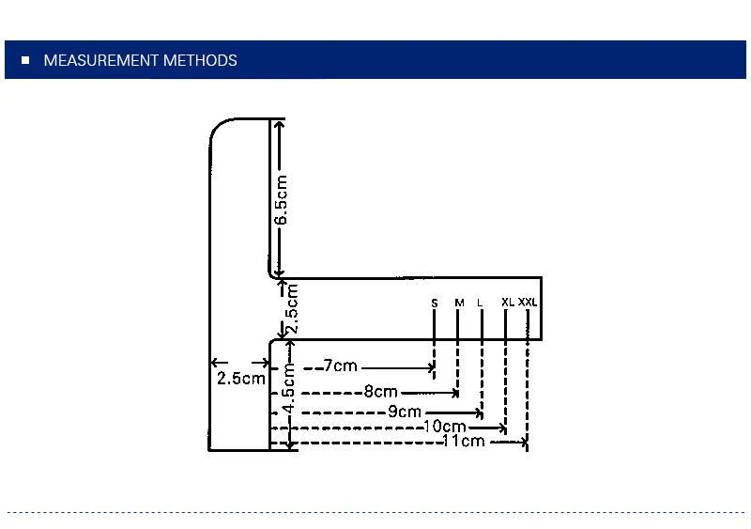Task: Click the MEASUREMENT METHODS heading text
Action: [140, 61]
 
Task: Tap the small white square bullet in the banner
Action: [25, 61]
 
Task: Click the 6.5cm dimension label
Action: [281, 199]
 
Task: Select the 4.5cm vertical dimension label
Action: [290, 387]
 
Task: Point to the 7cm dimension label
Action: [340, 366]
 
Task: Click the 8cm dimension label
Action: [380, 392]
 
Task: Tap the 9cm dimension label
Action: [405, 412]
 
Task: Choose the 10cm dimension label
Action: [445, 427]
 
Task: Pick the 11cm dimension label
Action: [464, 441]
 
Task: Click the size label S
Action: [435, 303]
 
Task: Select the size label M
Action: [459, 303]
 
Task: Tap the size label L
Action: [480, 303]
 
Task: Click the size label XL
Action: [507, 302]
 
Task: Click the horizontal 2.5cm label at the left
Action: [240, 379]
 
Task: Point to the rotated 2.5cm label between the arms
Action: [292, 308]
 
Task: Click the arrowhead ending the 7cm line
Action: [431, 366]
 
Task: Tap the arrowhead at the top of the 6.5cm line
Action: [280, 124]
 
